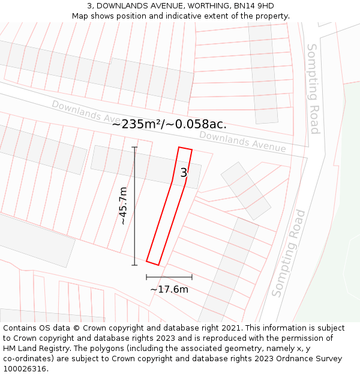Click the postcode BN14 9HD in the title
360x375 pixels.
click(x=253, y=6)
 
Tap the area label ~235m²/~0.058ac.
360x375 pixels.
click(x=169, y=124)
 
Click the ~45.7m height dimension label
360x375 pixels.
click(x=123, y=206)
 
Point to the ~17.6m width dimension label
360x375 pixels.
click(x=169, y=290)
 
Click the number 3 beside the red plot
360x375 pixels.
click(x=184, y=173)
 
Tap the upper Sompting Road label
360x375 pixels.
click(x=313, y=89)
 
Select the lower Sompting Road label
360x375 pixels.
click(x=289, y=253)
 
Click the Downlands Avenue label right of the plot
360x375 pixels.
click(x=242, y=141)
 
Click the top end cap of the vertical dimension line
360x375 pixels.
click(x=134, y=147)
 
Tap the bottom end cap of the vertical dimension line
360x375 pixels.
click(x=134, y=265)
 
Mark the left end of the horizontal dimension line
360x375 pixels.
click(x=146, y=277)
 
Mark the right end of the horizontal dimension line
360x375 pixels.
click(x=192, y=277)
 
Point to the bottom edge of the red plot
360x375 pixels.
click(x=152, y=263)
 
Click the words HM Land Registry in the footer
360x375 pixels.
click(x=33, y=349)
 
